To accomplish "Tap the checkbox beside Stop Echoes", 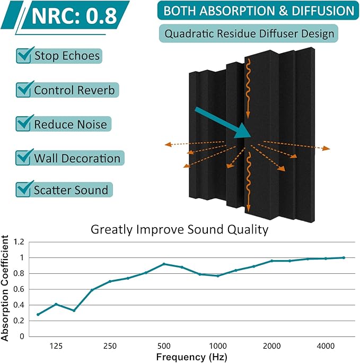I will pos(24,55).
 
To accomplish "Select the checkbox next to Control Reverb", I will pos(24,90).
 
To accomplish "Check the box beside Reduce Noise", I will pos(24,124).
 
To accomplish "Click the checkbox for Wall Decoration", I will pos(24,158).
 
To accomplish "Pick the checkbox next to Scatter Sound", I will pos(24,189).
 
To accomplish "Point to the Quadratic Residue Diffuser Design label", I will pos(249,34).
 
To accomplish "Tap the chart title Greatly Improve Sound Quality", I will pos(180,230).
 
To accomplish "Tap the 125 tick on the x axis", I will pos(56,346).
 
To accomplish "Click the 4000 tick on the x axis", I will pos(326,346).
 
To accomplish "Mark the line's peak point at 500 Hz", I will pos(164,264).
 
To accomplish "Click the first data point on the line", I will pos(38,314).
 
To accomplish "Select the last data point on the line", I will pos(344,257).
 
